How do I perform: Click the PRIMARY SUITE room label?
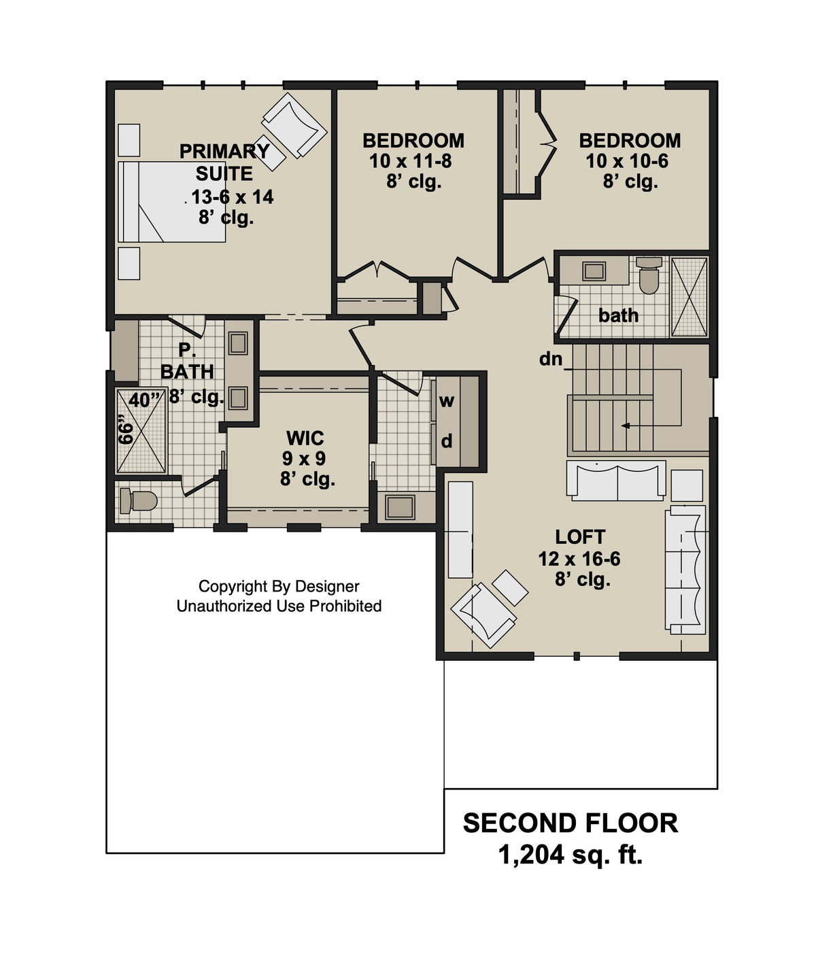(x=224, y=162)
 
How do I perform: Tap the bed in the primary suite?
(x=171, y=202)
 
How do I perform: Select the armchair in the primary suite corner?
(x=294, y=125)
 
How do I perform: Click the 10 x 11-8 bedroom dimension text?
(x=411, y=161)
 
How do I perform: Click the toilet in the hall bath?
(x=649, y=275)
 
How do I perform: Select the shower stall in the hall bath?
(x=689, y=296)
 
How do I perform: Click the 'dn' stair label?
(x=551, y=359)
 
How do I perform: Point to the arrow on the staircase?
(x=626, y=426)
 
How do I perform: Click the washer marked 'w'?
(x=446, y=401)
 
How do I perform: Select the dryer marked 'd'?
(x=447, y=442)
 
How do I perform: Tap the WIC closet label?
(x=305, y=438)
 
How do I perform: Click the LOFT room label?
(x=580, y=537)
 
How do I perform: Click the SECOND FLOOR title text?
(x=570, y=823)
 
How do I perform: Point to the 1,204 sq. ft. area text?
(x=570, y=855)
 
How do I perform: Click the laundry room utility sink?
(x=399, y=507)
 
